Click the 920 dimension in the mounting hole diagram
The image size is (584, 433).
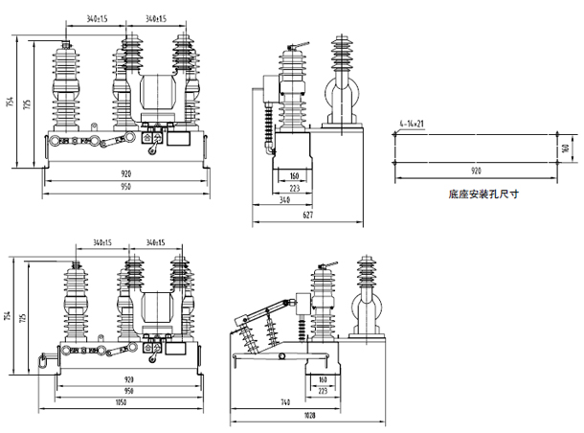(476, 170)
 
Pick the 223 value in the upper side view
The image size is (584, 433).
(295, 189)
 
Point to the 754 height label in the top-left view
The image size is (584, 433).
(11, 103)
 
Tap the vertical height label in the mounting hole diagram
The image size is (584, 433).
(566, 147)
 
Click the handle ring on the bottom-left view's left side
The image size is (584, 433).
(42, 362)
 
